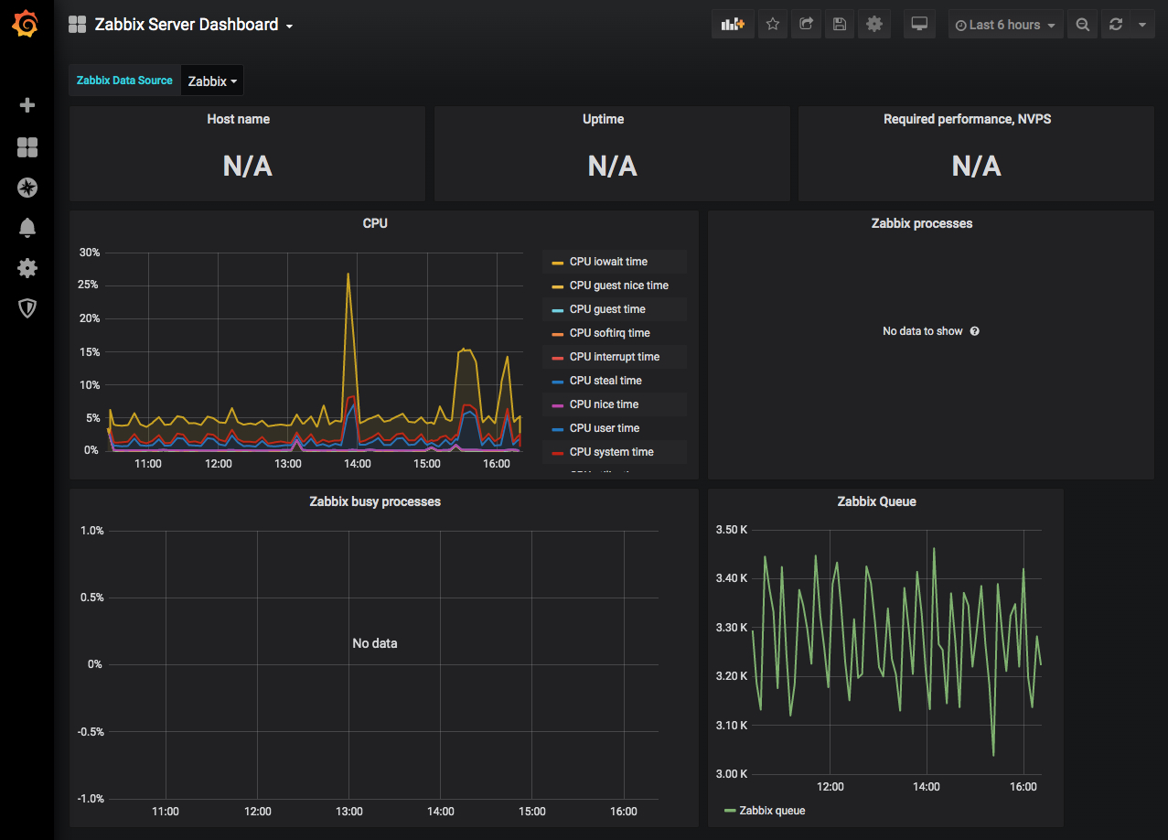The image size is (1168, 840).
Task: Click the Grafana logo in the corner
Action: [26, 24]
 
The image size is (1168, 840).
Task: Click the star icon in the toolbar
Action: [773, 24]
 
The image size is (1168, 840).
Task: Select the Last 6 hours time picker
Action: [1005, 25]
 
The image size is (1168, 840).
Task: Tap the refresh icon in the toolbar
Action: [1116, 24]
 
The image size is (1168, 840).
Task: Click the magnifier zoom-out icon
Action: [1083, 25]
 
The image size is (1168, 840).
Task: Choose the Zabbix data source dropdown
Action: [211, 81]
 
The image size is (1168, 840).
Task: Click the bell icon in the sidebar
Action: [27, 228]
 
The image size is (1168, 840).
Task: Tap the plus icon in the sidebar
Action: [27, 105]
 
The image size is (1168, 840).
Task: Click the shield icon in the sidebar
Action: [27, 308]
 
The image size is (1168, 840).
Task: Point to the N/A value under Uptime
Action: [612, 167]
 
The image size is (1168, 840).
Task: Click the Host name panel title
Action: [239, 119]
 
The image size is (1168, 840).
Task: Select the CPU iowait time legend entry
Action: [608, 262]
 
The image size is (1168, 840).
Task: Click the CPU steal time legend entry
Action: [605, 381]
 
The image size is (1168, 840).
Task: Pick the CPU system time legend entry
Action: [611, 452]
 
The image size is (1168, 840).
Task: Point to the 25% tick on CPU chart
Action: [88, 285]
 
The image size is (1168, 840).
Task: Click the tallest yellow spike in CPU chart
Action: [348, 274]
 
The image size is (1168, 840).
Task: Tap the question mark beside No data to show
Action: [974, 331]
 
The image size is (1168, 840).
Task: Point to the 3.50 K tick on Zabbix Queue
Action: [731, 530]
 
